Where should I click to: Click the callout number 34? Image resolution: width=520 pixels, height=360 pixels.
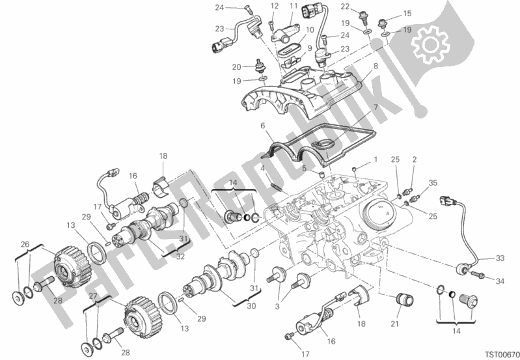pyautogui.click(x=499, y=281)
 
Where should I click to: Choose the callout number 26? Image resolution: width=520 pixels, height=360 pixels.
pyautogui.click(x=25, y=244)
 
